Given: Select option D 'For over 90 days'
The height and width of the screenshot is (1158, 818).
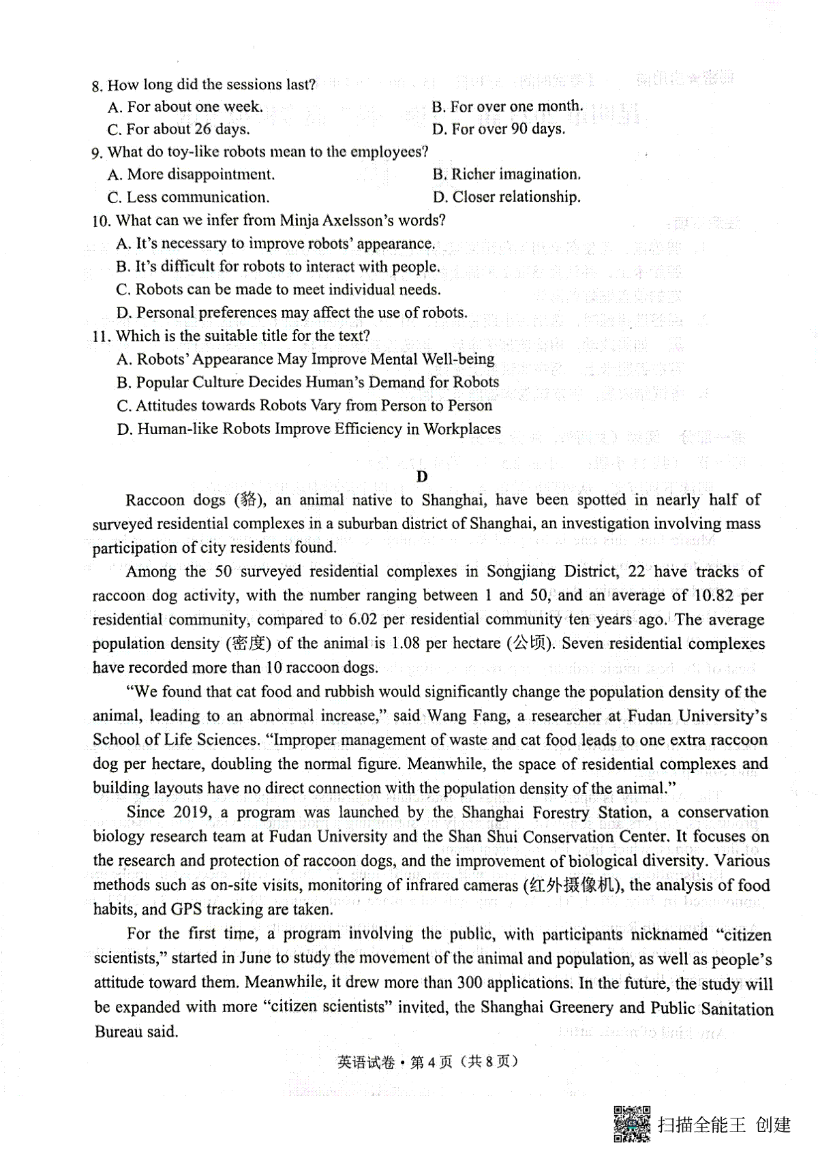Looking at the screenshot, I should click(x=498, y=129).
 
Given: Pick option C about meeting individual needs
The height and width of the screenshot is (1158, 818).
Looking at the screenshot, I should click(x=278, y=290).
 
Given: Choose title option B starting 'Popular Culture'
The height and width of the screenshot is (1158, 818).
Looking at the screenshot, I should click(x=307, y=382).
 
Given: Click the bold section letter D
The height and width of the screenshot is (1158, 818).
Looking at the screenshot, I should click(x=422, y=476).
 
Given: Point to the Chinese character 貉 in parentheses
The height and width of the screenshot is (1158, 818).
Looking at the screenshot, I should click(x=247, y=500).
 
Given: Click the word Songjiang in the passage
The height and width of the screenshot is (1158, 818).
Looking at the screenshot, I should click(x=521, y=571).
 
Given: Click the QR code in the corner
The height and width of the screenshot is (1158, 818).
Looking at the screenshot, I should click(x=632, y=1123).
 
